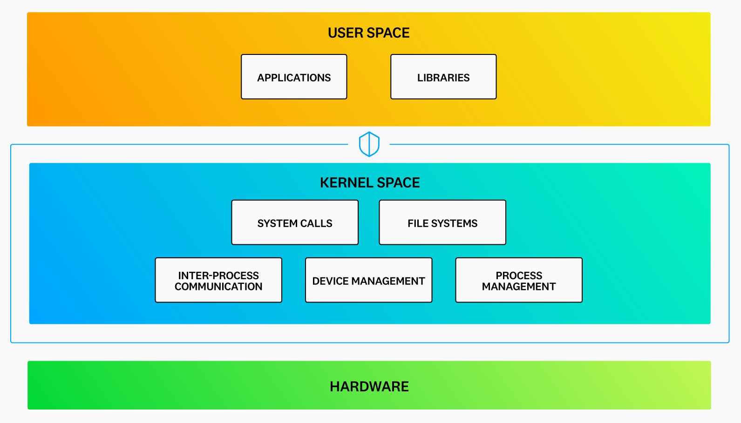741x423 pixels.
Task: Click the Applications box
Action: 294,77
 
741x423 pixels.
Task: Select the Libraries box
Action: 443,77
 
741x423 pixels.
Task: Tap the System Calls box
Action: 295,222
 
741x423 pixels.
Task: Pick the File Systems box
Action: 442,222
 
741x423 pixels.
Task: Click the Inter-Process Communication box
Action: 218,280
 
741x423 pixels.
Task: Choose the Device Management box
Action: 368,280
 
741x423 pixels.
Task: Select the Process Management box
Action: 519,280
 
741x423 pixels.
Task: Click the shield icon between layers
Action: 369,144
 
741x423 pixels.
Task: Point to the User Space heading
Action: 368,33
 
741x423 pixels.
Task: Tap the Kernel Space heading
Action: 370,182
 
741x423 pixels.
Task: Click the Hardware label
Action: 369,386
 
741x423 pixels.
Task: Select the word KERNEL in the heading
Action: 345,182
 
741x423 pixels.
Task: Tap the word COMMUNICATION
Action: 218,287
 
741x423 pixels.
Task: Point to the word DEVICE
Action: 330,281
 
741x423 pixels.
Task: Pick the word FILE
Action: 418,223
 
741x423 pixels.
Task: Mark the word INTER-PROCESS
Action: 218,275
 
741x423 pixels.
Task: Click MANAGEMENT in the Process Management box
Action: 519,287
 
